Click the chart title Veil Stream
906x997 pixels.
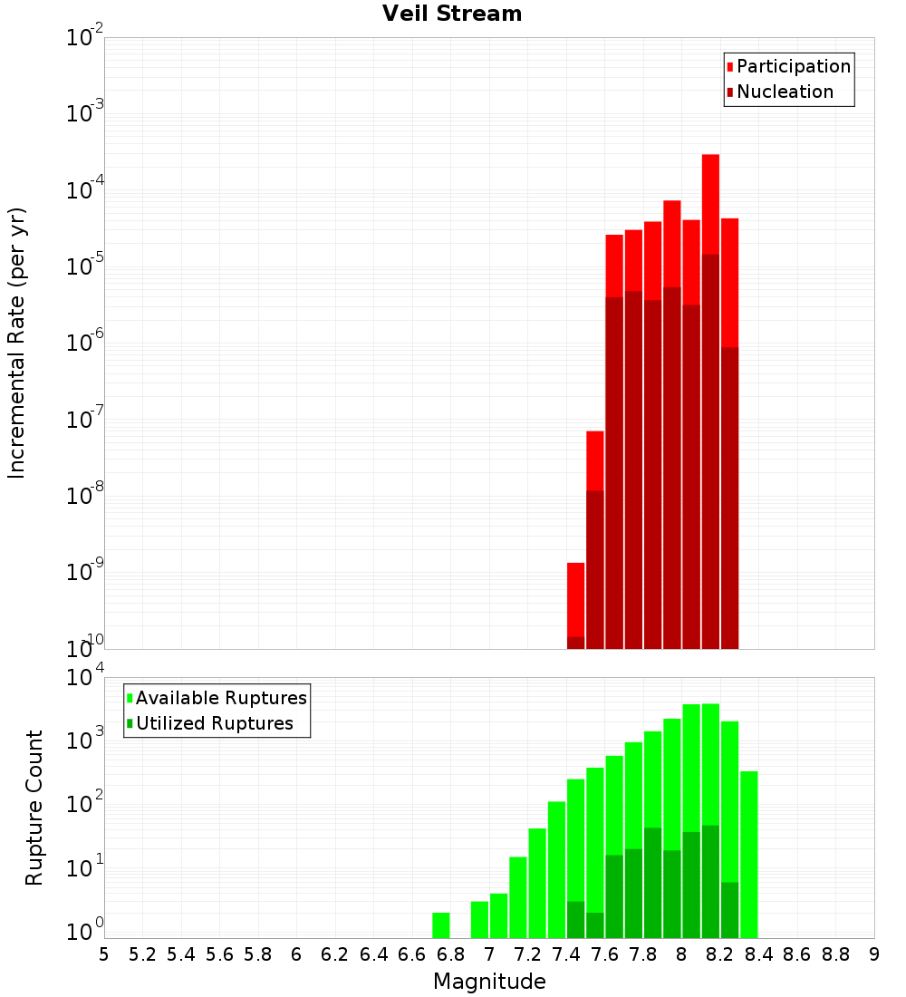pyautogui.click(x=452, y=14)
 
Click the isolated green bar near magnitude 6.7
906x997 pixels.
pyautogui.click(x=441, y=924)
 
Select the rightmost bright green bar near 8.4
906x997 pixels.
pyautogui.click(x=748, y=852)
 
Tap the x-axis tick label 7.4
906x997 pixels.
pyautogui.click(x=566, y=954)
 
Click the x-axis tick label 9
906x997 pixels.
pyautogui.click(x=873, y=954)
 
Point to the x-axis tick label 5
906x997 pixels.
pyautogui.click(x=104, y=954)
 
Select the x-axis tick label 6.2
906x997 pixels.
pyautogui.click(x=335, y=954)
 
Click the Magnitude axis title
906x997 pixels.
pyautogui.click(x=489, y=982)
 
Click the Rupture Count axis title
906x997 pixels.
pyautogui.click(x=34, y=808)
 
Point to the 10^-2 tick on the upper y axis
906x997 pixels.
pyautogui.click(x=85, y=38)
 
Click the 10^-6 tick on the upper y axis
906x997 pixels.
pyautogui.click(x=85, y=344)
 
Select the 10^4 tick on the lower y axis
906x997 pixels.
pyautogui.click(x=86, y=678)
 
